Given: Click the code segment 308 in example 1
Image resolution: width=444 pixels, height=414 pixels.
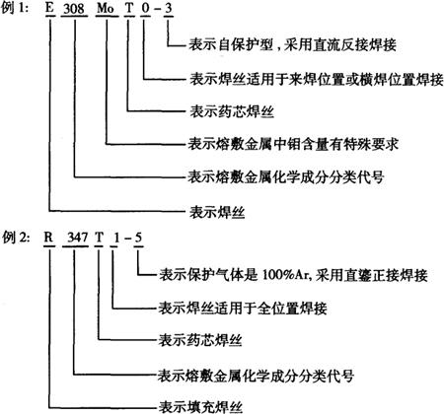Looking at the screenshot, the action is click(x=74, y=8).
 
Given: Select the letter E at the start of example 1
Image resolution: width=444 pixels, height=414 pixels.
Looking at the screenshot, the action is click(x=49, y=8).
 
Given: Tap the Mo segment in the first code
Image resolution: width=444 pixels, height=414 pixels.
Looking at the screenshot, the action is click(x=106, y=8).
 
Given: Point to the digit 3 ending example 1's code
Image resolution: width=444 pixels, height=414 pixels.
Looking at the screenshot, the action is click(x=168, y=8).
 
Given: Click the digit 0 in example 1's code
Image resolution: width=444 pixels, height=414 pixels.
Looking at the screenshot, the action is click(x=145, y=8).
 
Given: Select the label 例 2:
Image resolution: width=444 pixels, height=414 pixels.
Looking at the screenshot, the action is click(x=15, y=238).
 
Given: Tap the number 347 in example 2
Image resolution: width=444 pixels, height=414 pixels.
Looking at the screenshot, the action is click(x=77, y=238).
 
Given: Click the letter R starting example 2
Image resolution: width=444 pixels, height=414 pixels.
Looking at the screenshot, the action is click(x=48, y=237).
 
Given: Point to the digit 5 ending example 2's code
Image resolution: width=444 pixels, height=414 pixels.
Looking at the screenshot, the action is click(x=138, y=238).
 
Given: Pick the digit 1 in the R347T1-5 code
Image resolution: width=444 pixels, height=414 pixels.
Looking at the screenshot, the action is click(x=115, y=238).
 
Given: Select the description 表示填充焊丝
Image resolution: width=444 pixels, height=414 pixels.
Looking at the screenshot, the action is click(x=200, y=407).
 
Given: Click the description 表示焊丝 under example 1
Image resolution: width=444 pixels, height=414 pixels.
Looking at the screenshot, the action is click(x=217, y=212).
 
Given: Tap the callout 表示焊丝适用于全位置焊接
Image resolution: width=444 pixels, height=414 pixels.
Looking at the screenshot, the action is click(x=243, y=308).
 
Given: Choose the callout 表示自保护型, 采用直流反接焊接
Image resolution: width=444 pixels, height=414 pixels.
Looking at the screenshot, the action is click(x=292, y=45).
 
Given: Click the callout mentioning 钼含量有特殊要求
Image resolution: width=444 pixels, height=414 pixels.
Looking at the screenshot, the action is click(x=293, y=144).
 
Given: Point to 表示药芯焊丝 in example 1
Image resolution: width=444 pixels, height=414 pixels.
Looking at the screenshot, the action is click(x=232, y=111).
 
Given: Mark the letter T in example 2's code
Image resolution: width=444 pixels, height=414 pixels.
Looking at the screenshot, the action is click(x=99, y=238).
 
